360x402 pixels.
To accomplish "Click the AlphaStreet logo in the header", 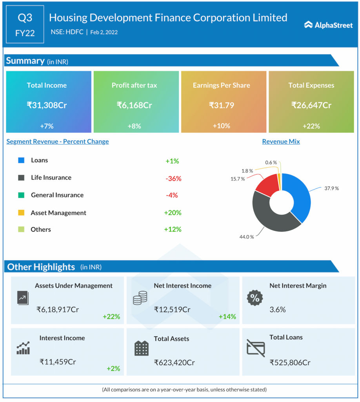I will pos(328,25).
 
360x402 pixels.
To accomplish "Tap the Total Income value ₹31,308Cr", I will pos(47,105).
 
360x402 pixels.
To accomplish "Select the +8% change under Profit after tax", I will pos(134,126).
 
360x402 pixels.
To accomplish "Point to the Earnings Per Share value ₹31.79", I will pos(222,105).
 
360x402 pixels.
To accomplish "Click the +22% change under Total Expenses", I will pos(311,126).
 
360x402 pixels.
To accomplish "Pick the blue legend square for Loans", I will pos(22,160).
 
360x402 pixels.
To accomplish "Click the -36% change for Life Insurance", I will pos(173,178).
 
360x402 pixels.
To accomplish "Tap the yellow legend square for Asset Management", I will pos(22,213).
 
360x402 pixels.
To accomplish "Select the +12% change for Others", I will pos(173,229).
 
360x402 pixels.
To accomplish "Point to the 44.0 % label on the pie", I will pos(247,237).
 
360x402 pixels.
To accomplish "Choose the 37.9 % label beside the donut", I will pos(331,188).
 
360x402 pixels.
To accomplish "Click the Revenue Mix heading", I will pos(281,141).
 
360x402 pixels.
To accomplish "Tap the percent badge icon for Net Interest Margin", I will pos(255,298).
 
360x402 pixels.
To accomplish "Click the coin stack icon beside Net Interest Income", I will pos(140,298).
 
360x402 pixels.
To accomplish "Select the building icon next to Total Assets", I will pos(141,348).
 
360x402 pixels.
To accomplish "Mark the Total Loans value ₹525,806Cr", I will pos(290,362).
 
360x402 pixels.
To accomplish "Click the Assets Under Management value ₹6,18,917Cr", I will pos(58,309).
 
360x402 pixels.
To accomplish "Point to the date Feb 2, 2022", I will pos(104,32).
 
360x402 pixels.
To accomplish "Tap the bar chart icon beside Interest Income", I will pos(23,348).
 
